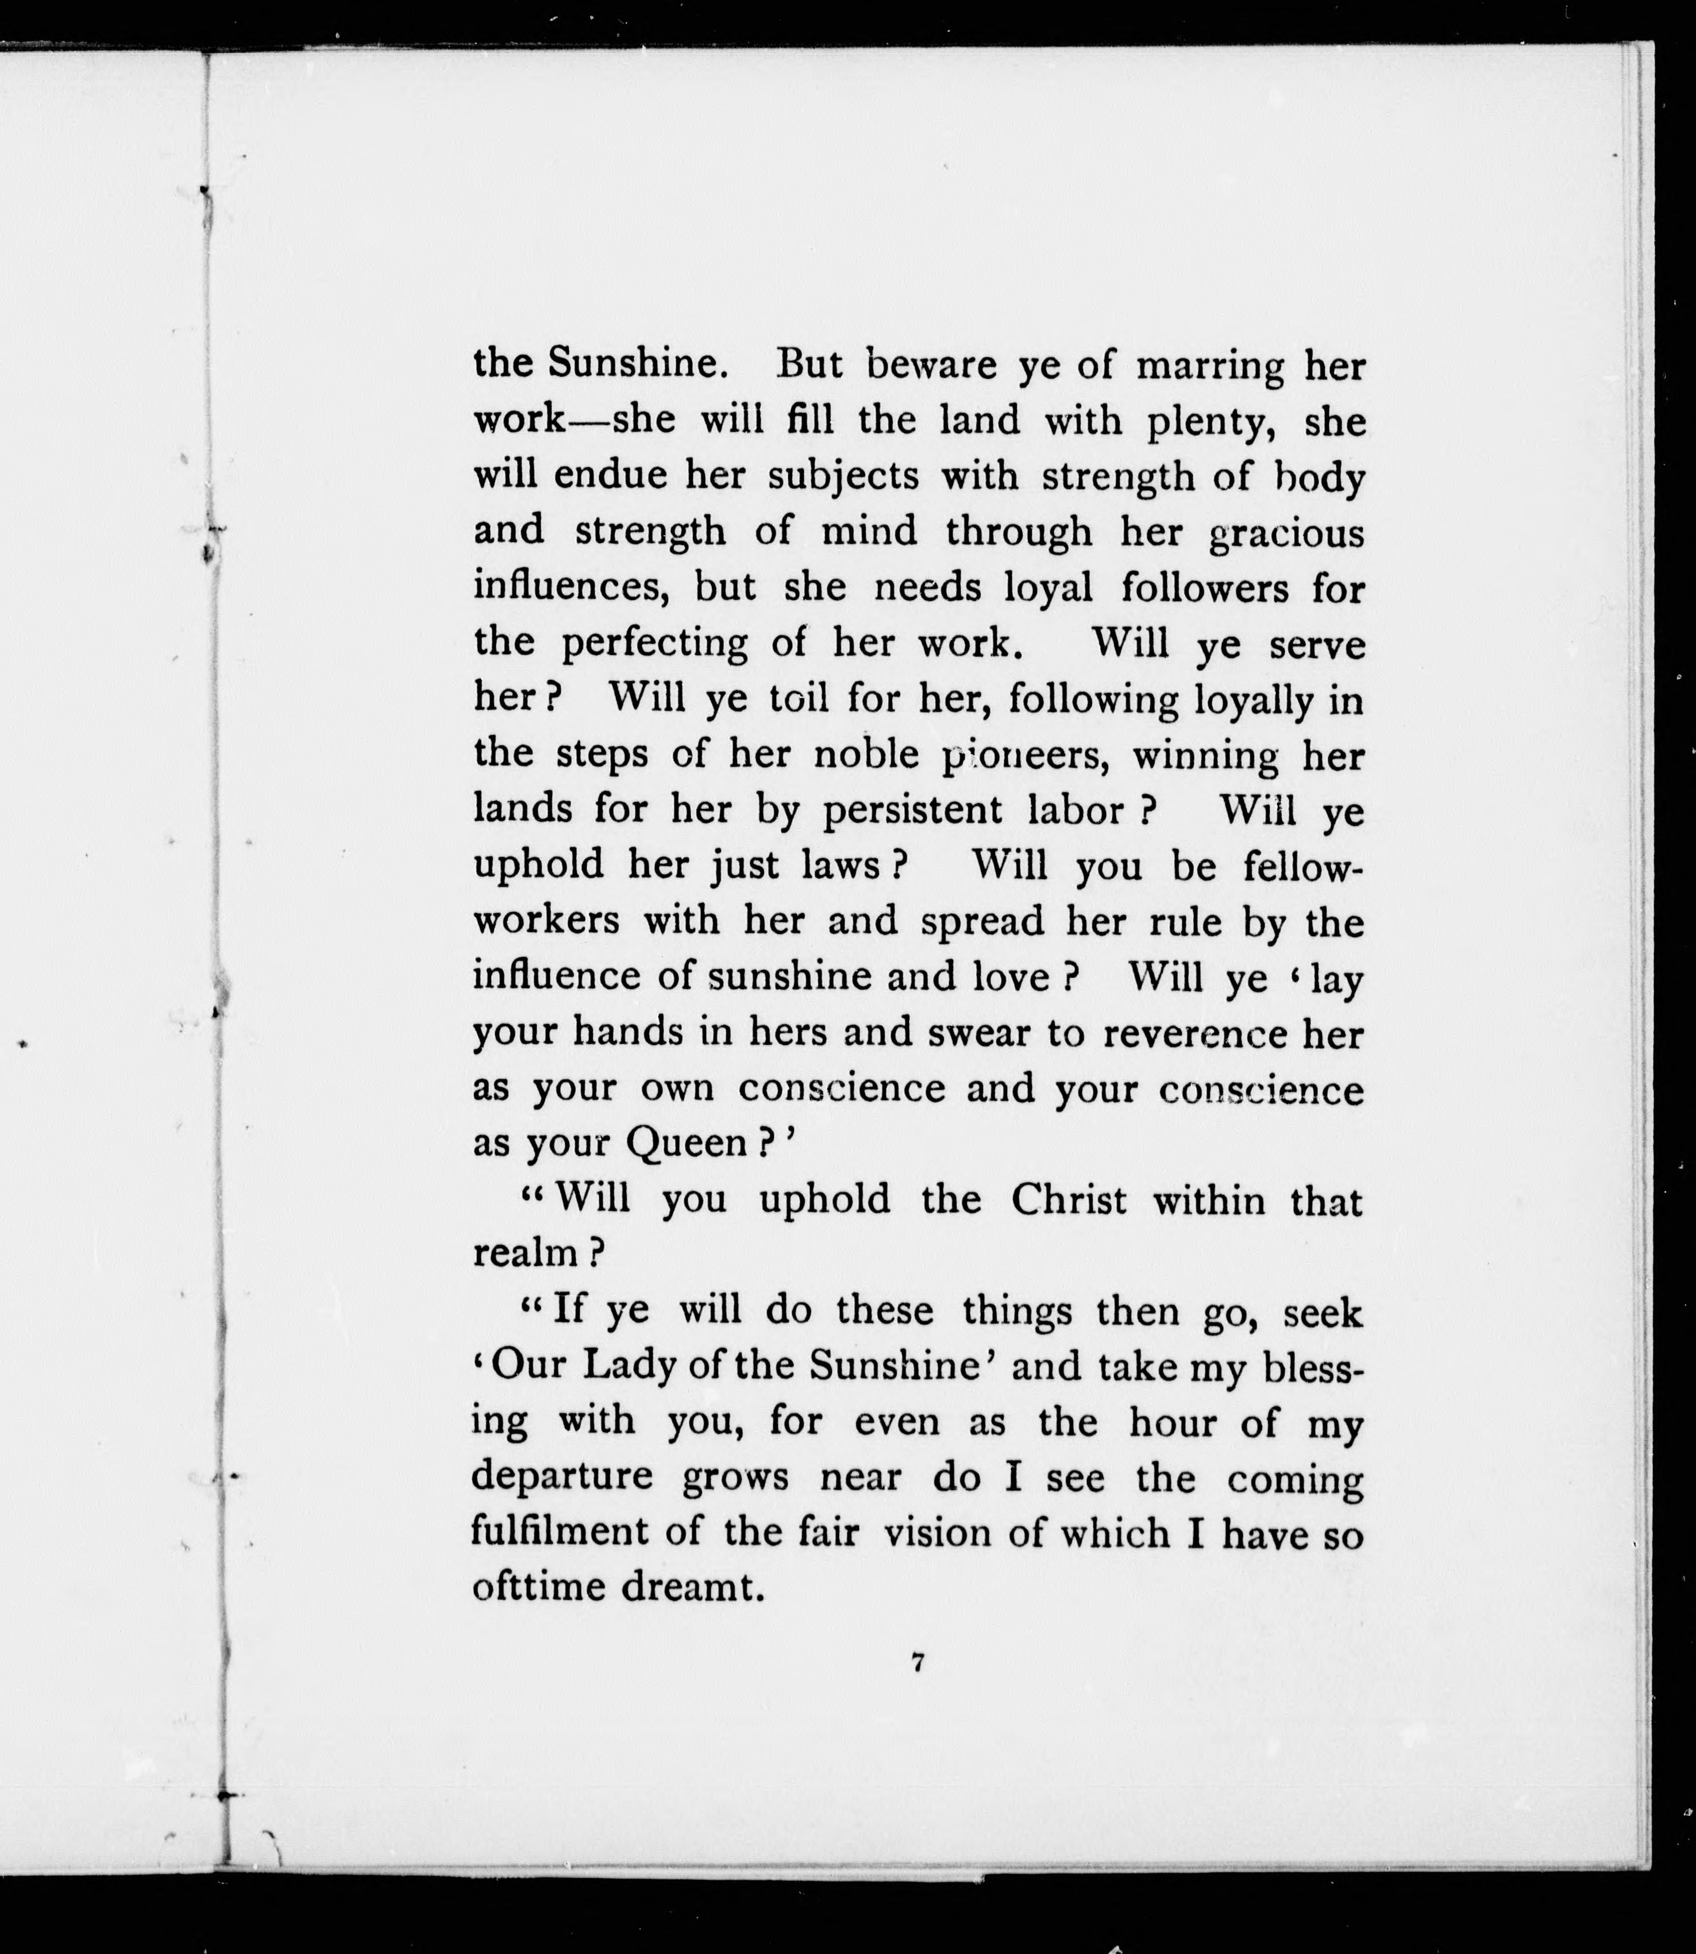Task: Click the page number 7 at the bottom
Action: [916, 1663]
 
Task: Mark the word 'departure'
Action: [562, 1477]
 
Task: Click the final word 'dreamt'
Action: [692, 1587]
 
